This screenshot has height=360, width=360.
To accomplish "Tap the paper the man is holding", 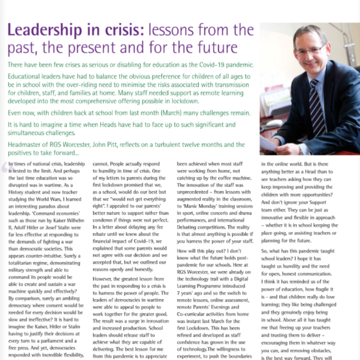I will pyautogui.click(x=272, y=143).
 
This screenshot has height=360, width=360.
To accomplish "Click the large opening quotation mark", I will pyautogui.click(x=7, y=170).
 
